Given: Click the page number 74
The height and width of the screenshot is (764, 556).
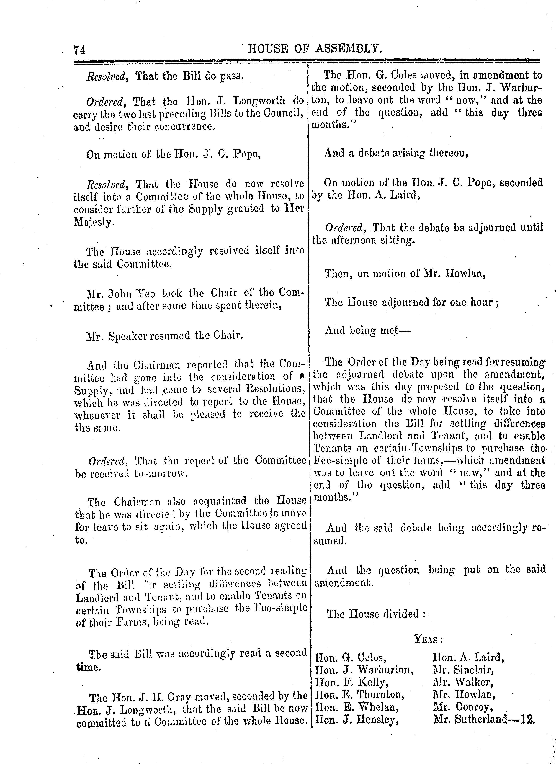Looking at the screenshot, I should pos(80,50).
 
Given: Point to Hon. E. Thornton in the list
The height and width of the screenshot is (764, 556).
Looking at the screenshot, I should pos(359,695).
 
